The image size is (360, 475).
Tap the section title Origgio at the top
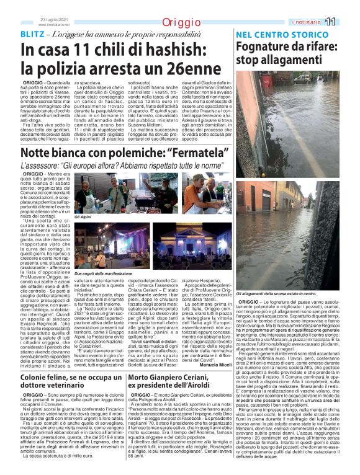pyautogui.click(x=180, y=23)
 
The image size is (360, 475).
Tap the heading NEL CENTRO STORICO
pyautogui.click(x=281, y=35)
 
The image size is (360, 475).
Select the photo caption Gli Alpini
pyautogui.click(x=83, y=218)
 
